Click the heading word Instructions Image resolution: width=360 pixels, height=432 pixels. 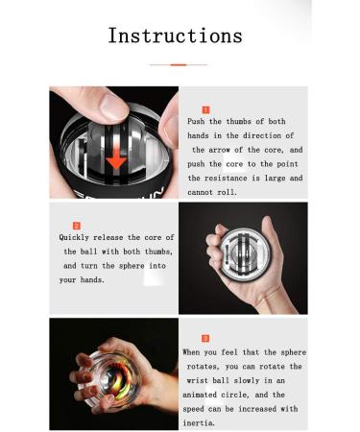point(175,36)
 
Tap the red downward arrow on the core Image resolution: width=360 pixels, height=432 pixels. point(116,157)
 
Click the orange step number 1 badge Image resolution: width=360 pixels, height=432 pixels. point(205,110)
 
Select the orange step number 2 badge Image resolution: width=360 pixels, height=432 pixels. point(77,226)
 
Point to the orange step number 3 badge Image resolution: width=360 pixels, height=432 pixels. point(205,338)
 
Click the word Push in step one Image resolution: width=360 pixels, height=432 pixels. point(196,122)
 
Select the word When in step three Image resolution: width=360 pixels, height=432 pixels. point(191,352)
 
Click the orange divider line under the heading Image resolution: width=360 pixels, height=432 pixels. point(179,64)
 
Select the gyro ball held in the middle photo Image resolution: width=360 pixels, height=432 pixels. point(245,255)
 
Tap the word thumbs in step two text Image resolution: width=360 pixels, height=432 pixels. point(159,252)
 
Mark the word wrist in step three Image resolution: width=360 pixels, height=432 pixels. point(197,381)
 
